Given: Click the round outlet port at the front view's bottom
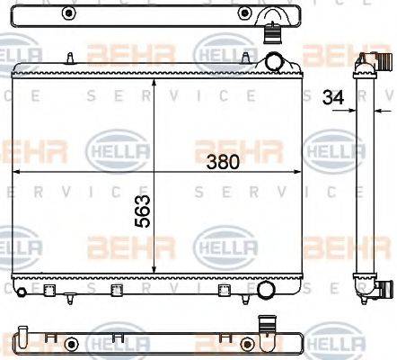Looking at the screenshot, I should coord(265,291).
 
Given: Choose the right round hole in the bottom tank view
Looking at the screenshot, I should coord(243,343).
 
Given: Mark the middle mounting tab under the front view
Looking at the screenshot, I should coord(115,290).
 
